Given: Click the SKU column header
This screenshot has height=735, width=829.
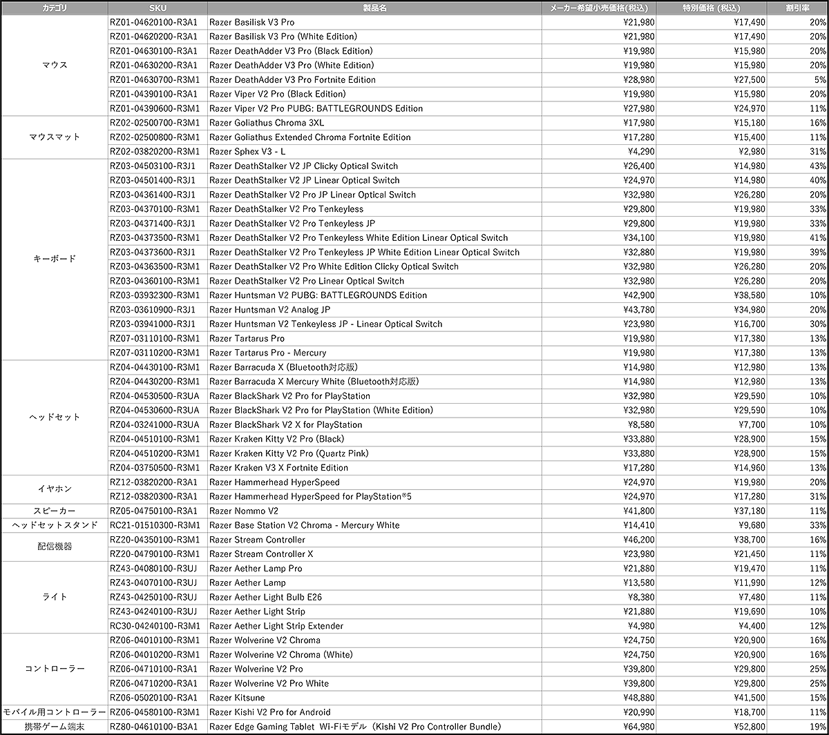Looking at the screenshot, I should [158, 8].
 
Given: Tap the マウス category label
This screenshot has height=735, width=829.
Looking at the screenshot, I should [55, 65].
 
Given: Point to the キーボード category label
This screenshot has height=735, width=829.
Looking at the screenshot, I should [55, 259].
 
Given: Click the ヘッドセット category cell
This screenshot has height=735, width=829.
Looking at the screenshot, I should [55, 417].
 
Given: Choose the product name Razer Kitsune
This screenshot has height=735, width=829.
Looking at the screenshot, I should [237, 698].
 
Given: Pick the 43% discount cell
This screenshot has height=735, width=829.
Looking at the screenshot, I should [817, 166].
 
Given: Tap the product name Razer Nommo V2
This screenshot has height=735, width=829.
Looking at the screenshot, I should [244, 511].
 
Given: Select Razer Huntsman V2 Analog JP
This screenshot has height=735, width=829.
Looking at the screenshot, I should [269, 310].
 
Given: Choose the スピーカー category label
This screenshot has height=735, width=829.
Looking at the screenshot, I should [55, 511].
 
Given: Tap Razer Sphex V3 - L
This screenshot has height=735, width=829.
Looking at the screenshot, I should [247, 151].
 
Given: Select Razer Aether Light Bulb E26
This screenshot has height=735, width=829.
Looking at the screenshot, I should [265, 597].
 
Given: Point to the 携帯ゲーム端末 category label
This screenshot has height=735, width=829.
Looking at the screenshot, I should [55, 726].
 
